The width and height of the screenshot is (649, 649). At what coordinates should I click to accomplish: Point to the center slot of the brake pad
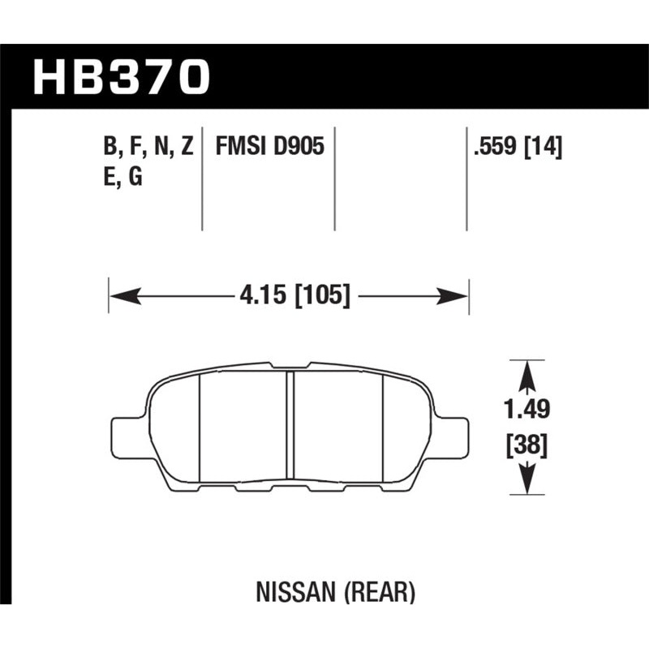pos(290,427)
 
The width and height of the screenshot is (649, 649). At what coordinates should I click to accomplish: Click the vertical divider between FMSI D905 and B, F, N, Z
pos(202,178)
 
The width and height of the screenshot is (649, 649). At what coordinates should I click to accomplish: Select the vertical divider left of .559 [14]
pos(466,178)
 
